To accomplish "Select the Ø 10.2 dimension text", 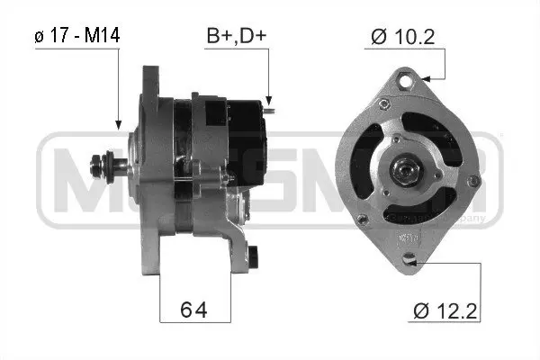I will (404, 37).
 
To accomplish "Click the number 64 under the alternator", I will (194, 310).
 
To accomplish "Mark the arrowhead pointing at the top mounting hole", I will (421, 79).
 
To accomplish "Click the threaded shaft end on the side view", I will (96, 164).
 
